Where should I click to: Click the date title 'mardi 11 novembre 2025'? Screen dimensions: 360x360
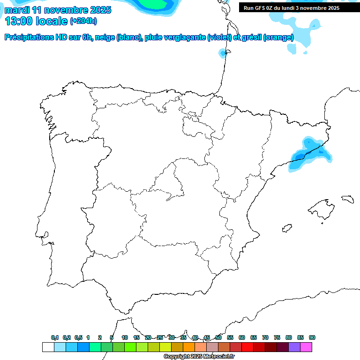click(x=58, y=10)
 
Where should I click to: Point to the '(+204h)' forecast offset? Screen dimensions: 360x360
click(x=83, y=21)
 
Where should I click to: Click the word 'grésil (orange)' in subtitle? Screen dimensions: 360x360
click(x=266, y=37)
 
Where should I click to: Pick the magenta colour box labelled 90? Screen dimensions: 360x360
click(x=306, y=347)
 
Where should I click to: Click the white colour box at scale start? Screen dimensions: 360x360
click(x=48, y=347)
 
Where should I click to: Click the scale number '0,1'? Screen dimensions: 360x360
click(x=55, y=337)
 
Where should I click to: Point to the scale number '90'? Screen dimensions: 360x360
click(x=312, y=337)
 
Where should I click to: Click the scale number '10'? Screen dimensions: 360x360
click(x=125, y=337)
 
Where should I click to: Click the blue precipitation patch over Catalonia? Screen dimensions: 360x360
click(x=307, y=155)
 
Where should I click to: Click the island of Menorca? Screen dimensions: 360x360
click(x=347, y=199)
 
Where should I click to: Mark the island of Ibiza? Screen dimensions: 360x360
click(x=286, y=228)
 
